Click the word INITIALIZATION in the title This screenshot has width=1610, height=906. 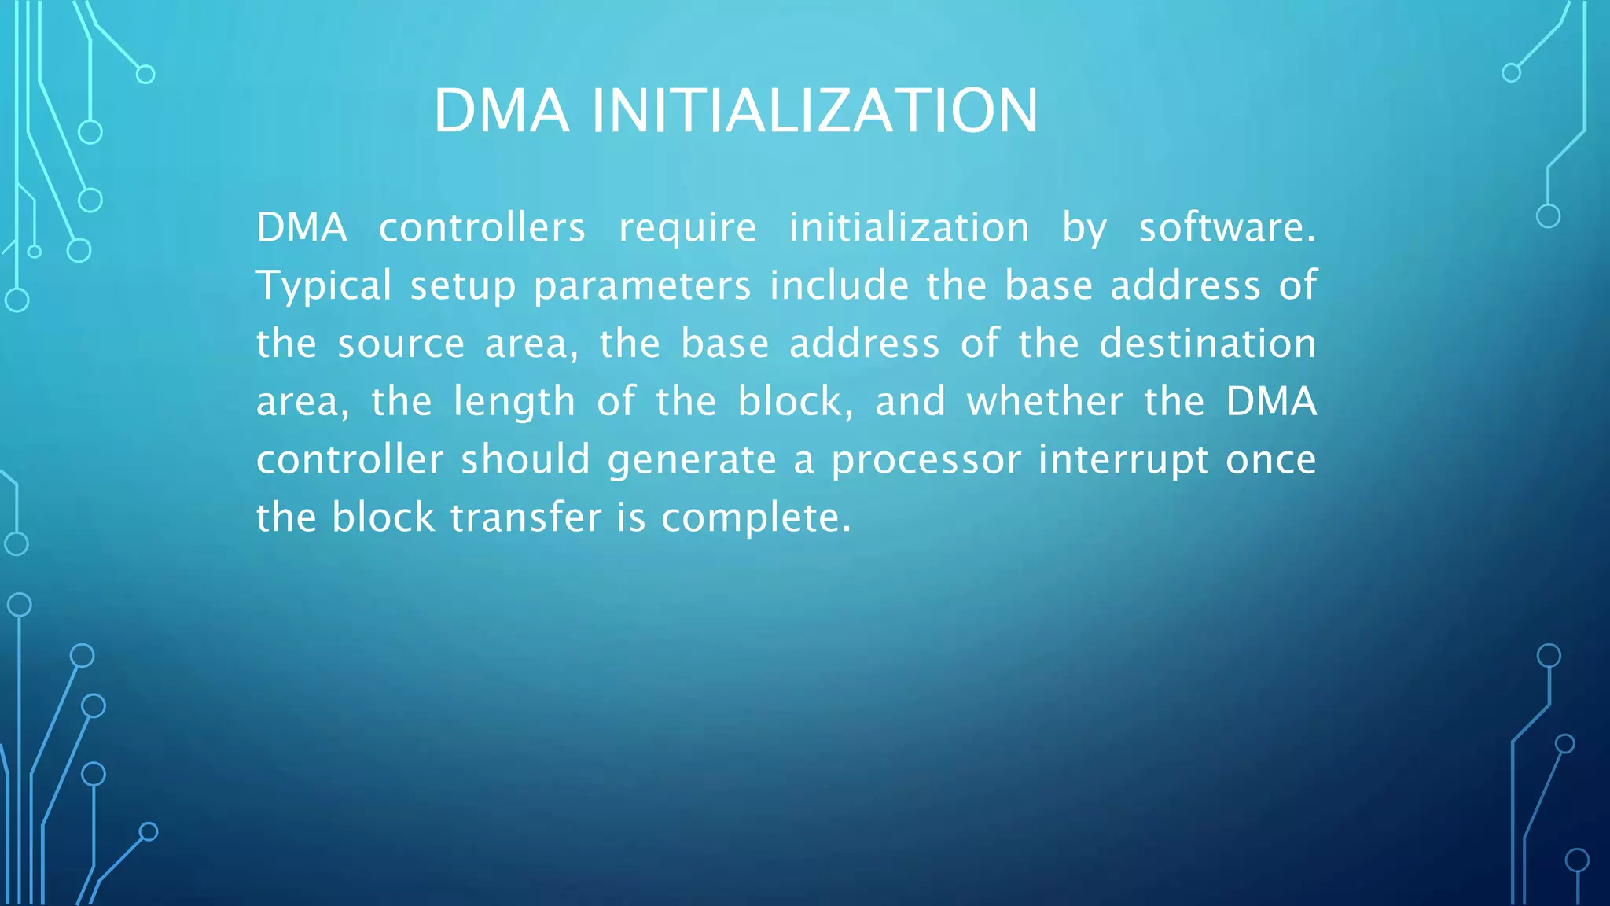(814, 111)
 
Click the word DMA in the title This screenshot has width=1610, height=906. (502, 111)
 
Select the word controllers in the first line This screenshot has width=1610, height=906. (482, 228)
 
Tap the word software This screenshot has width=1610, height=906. (1226, 228)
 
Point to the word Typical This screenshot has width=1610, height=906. (324, 286)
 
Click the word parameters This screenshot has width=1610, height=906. (642, 286)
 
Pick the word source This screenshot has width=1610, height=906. (401, 344)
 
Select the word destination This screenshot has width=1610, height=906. (1207, 344)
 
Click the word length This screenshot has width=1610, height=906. (515, 403)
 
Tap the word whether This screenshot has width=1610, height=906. (1045, 403)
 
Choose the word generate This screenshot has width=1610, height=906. (692, 461)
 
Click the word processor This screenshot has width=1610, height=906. (926, 461)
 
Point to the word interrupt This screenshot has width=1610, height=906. (1123, 461)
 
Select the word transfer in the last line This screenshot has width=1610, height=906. (526, 518)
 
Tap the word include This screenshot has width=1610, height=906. (839, 285)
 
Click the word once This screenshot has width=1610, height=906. (1271, 461)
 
